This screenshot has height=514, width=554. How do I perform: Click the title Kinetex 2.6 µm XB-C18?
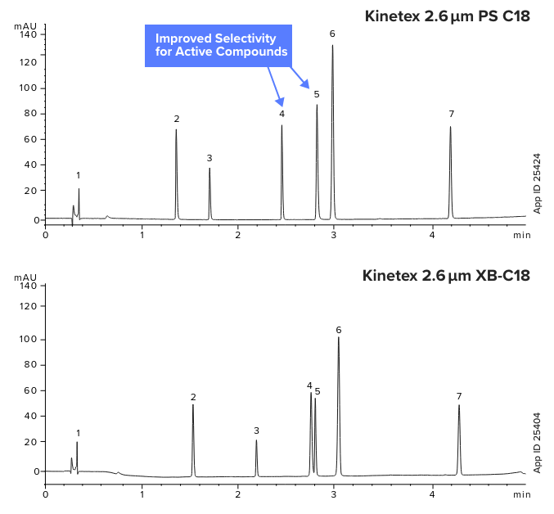pyautogui.click(x=446, y=275)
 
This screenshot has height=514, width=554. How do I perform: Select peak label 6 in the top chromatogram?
pyautogui.click(x=332, y=34)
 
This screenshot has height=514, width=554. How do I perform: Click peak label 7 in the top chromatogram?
pyautogui.click(x=451, y=114)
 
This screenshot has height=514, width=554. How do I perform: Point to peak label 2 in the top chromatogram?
pyautogui.click(x=176, y=119)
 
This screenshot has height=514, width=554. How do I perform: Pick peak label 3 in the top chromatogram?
pyautogui.click(x=209, y=157)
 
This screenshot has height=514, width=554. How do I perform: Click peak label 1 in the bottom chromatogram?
pyautogui.click(x=78, y=433)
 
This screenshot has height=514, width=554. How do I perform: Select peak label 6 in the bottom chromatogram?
pyautogui.click(x=338, y=330)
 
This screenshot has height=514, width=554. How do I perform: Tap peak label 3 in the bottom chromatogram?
pyautogui.click(x=256, y=431)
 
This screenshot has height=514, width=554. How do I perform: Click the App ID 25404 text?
pyautogui.click(x=538, y=441)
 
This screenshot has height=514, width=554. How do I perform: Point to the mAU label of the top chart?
pyautogui.click(x=25, y=26)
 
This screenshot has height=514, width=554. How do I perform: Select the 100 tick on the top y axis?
pyautogui.click(x=27, y=88)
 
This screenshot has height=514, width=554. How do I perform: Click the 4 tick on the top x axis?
pyautogui.click(x=432, y=235)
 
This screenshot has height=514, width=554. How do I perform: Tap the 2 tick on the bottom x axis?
pyautogui.click(x=238, y=494)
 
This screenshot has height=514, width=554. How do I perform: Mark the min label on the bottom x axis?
pyautogui.click(x=521, y=494)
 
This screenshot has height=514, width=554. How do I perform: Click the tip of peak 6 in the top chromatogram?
pyautogui.click(x=332, y=45)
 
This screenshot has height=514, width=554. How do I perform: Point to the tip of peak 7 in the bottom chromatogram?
pyautogui.click(x=459, y=405)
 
